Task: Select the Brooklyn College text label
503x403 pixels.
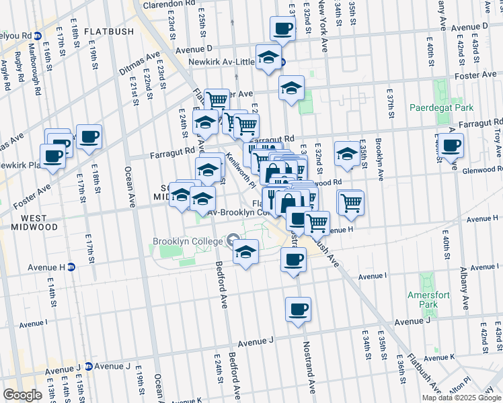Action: point(187,242)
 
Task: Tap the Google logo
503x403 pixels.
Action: point(22,395)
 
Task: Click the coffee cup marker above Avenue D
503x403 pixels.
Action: point(282,29)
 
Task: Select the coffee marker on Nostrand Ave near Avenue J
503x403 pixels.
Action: point(297,310)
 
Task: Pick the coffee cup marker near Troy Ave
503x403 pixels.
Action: point(451,144)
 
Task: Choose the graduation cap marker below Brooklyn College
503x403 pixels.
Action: point(245,253)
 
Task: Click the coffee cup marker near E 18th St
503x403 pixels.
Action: point(88,137)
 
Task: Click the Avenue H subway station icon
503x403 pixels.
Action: point(71,267)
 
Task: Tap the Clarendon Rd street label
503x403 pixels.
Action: point(171,3)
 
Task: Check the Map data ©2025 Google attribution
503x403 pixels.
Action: point(461,398)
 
